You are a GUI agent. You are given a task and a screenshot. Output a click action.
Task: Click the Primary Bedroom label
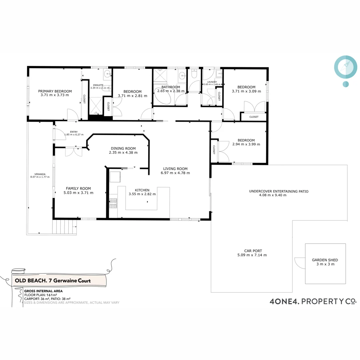tap(55, 91)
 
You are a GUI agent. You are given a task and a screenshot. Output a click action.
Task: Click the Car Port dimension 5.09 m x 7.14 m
tap(250, 255)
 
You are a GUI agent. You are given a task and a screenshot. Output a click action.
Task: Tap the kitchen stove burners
tap(113, 203)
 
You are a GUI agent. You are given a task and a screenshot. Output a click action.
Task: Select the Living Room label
tap(175, 169)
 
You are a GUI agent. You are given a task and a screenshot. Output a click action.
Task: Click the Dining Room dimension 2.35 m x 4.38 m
tap(123, 153)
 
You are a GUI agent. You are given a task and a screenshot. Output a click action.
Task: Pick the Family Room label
tap(78, 188)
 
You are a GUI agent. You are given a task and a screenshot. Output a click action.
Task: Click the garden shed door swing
tap(300, 263)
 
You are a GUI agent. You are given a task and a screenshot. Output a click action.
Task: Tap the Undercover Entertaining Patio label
tap(279, 191)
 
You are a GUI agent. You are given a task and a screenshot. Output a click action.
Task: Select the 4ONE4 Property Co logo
tap(313, 301)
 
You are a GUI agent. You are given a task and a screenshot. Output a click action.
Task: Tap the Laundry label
tap(212, 82)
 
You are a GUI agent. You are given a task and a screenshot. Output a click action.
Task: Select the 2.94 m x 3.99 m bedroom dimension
tap(246, 144)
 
